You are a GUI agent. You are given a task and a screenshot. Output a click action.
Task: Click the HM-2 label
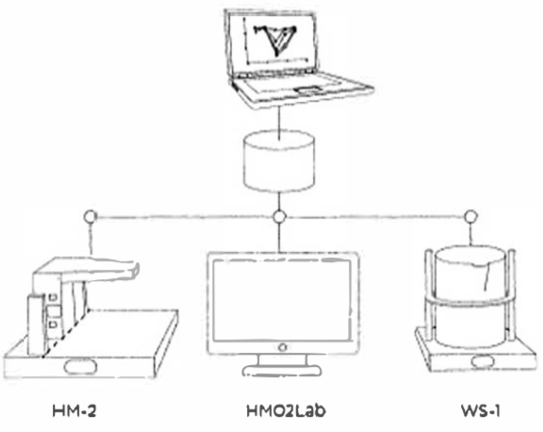coord(74,411)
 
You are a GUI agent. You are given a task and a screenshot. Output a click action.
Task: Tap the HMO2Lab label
coord(286,411)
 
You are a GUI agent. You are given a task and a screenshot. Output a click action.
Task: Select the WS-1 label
coord(481,411)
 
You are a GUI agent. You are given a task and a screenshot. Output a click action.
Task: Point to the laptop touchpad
coord(308,91)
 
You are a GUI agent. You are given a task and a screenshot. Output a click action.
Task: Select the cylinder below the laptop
coord(279,161)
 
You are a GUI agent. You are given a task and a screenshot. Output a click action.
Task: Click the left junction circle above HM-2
coord(90,217)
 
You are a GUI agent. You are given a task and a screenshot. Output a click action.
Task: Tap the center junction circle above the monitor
coord(279,217)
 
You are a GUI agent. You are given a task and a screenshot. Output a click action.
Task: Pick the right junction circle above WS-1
coord(470,217)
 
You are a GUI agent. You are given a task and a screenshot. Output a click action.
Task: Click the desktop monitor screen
coord(282,300)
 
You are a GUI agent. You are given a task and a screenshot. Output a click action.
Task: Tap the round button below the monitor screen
coord(282,347)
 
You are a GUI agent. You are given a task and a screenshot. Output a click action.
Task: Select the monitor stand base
coord(282,371)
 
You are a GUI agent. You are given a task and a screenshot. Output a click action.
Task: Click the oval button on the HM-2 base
coord(80,367)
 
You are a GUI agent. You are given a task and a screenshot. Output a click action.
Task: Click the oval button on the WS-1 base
coord(484,361)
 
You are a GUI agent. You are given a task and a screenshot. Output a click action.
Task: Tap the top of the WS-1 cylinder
coord(469,257)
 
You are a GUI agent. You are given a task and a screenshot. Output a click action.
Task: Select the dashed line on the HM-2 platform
coord(65,333)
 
